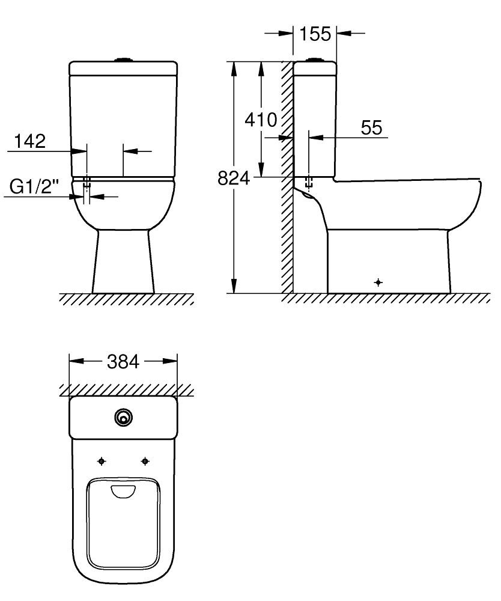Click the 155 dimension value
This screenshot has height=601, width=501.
[315, 34]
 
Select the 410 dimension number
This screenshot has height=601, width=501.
[261, 120]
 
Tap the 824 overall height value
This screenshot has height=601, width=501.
[234, 178]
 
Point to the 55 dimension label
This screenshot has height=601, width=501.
[371, 127]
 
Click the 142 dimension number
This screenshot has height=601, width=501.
[30, 141]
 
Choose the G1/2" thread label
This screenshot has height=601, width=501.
[34, 187]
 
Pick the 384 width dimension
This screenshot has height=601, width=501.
[123, 361]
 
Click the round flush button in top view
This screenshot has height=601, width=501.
[123, 418]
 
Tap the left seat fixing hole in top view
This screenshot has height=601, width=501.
[102, 462]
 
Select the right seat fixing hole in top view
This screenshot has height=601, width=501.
[145, 462]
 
